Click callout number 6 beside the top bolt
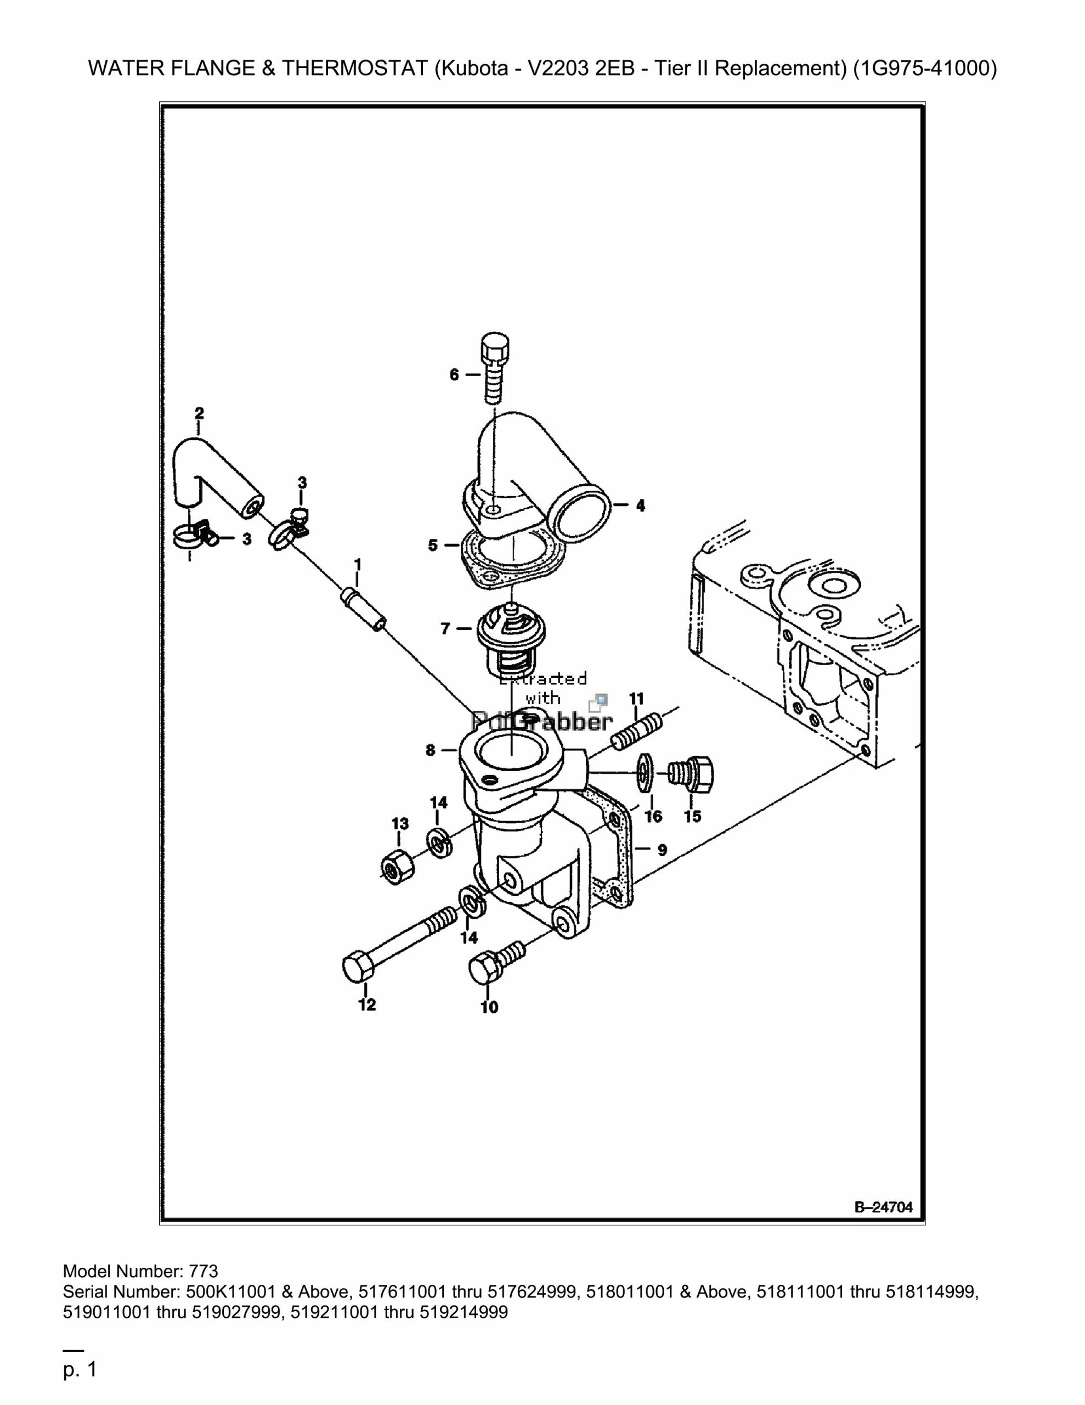454,374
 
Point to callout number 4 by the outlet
641,505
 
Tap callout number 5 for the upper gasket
433,546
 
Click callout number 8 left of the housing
430,750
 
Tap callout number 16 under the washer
653,817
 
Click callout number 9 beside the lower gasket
662,850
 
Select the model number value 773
204,1271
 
